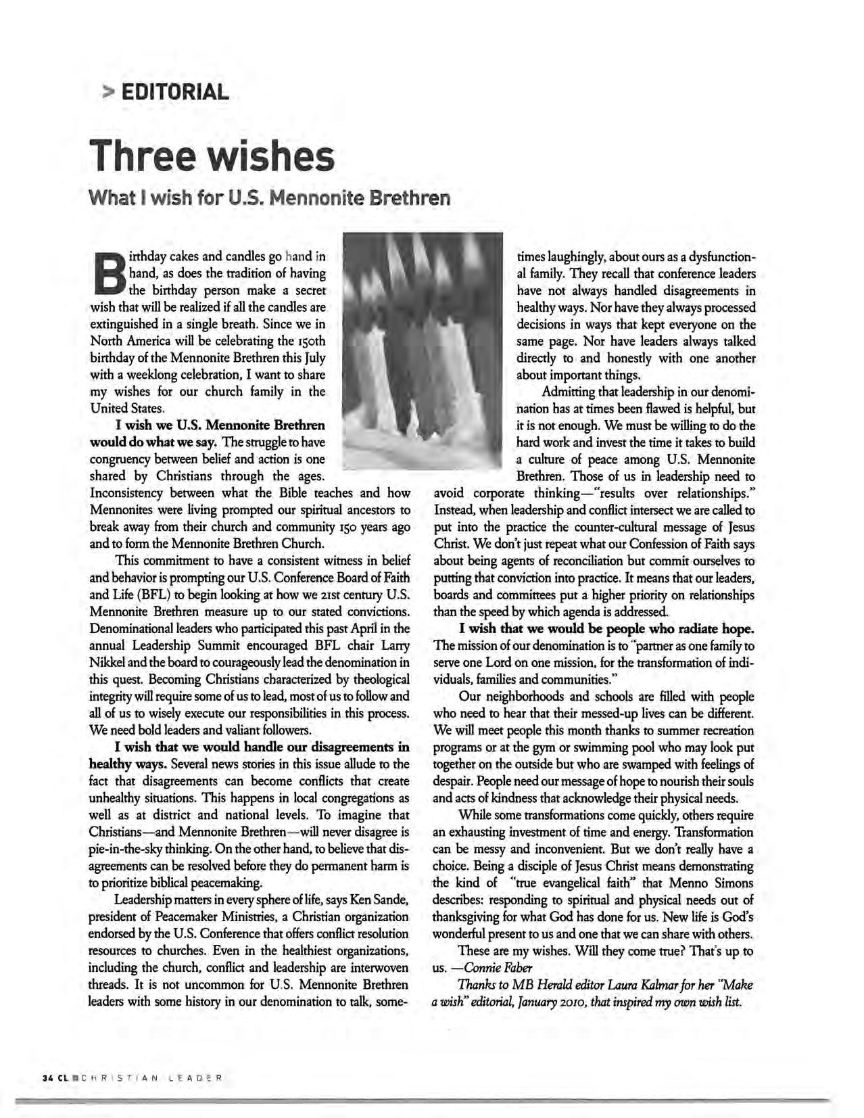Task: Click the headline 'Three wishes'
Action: tap(213, 156)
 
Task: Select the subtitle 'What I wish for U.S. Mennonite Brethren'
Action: tap(270, 199)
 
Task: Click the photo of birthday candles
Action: tap(423, 350)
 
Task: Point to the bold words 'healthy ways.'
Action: tap(128, 764)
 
